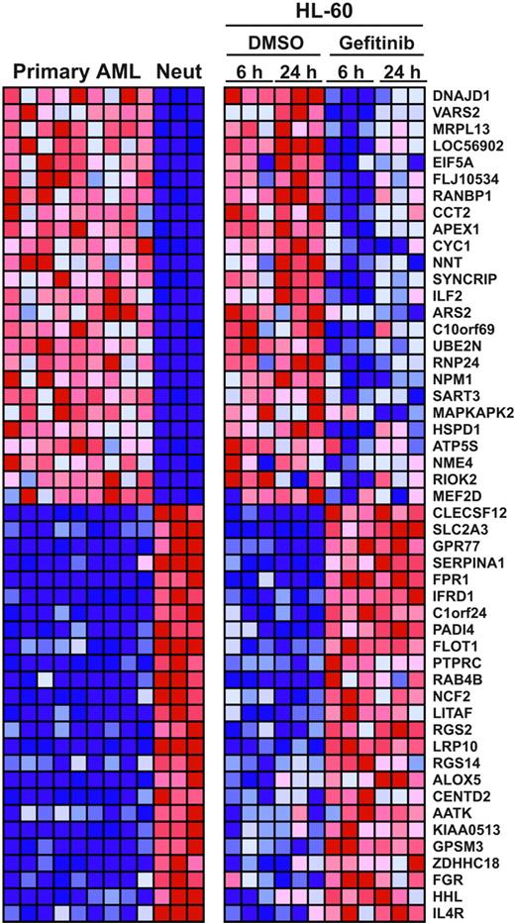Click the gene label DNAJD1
[459, 95]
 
